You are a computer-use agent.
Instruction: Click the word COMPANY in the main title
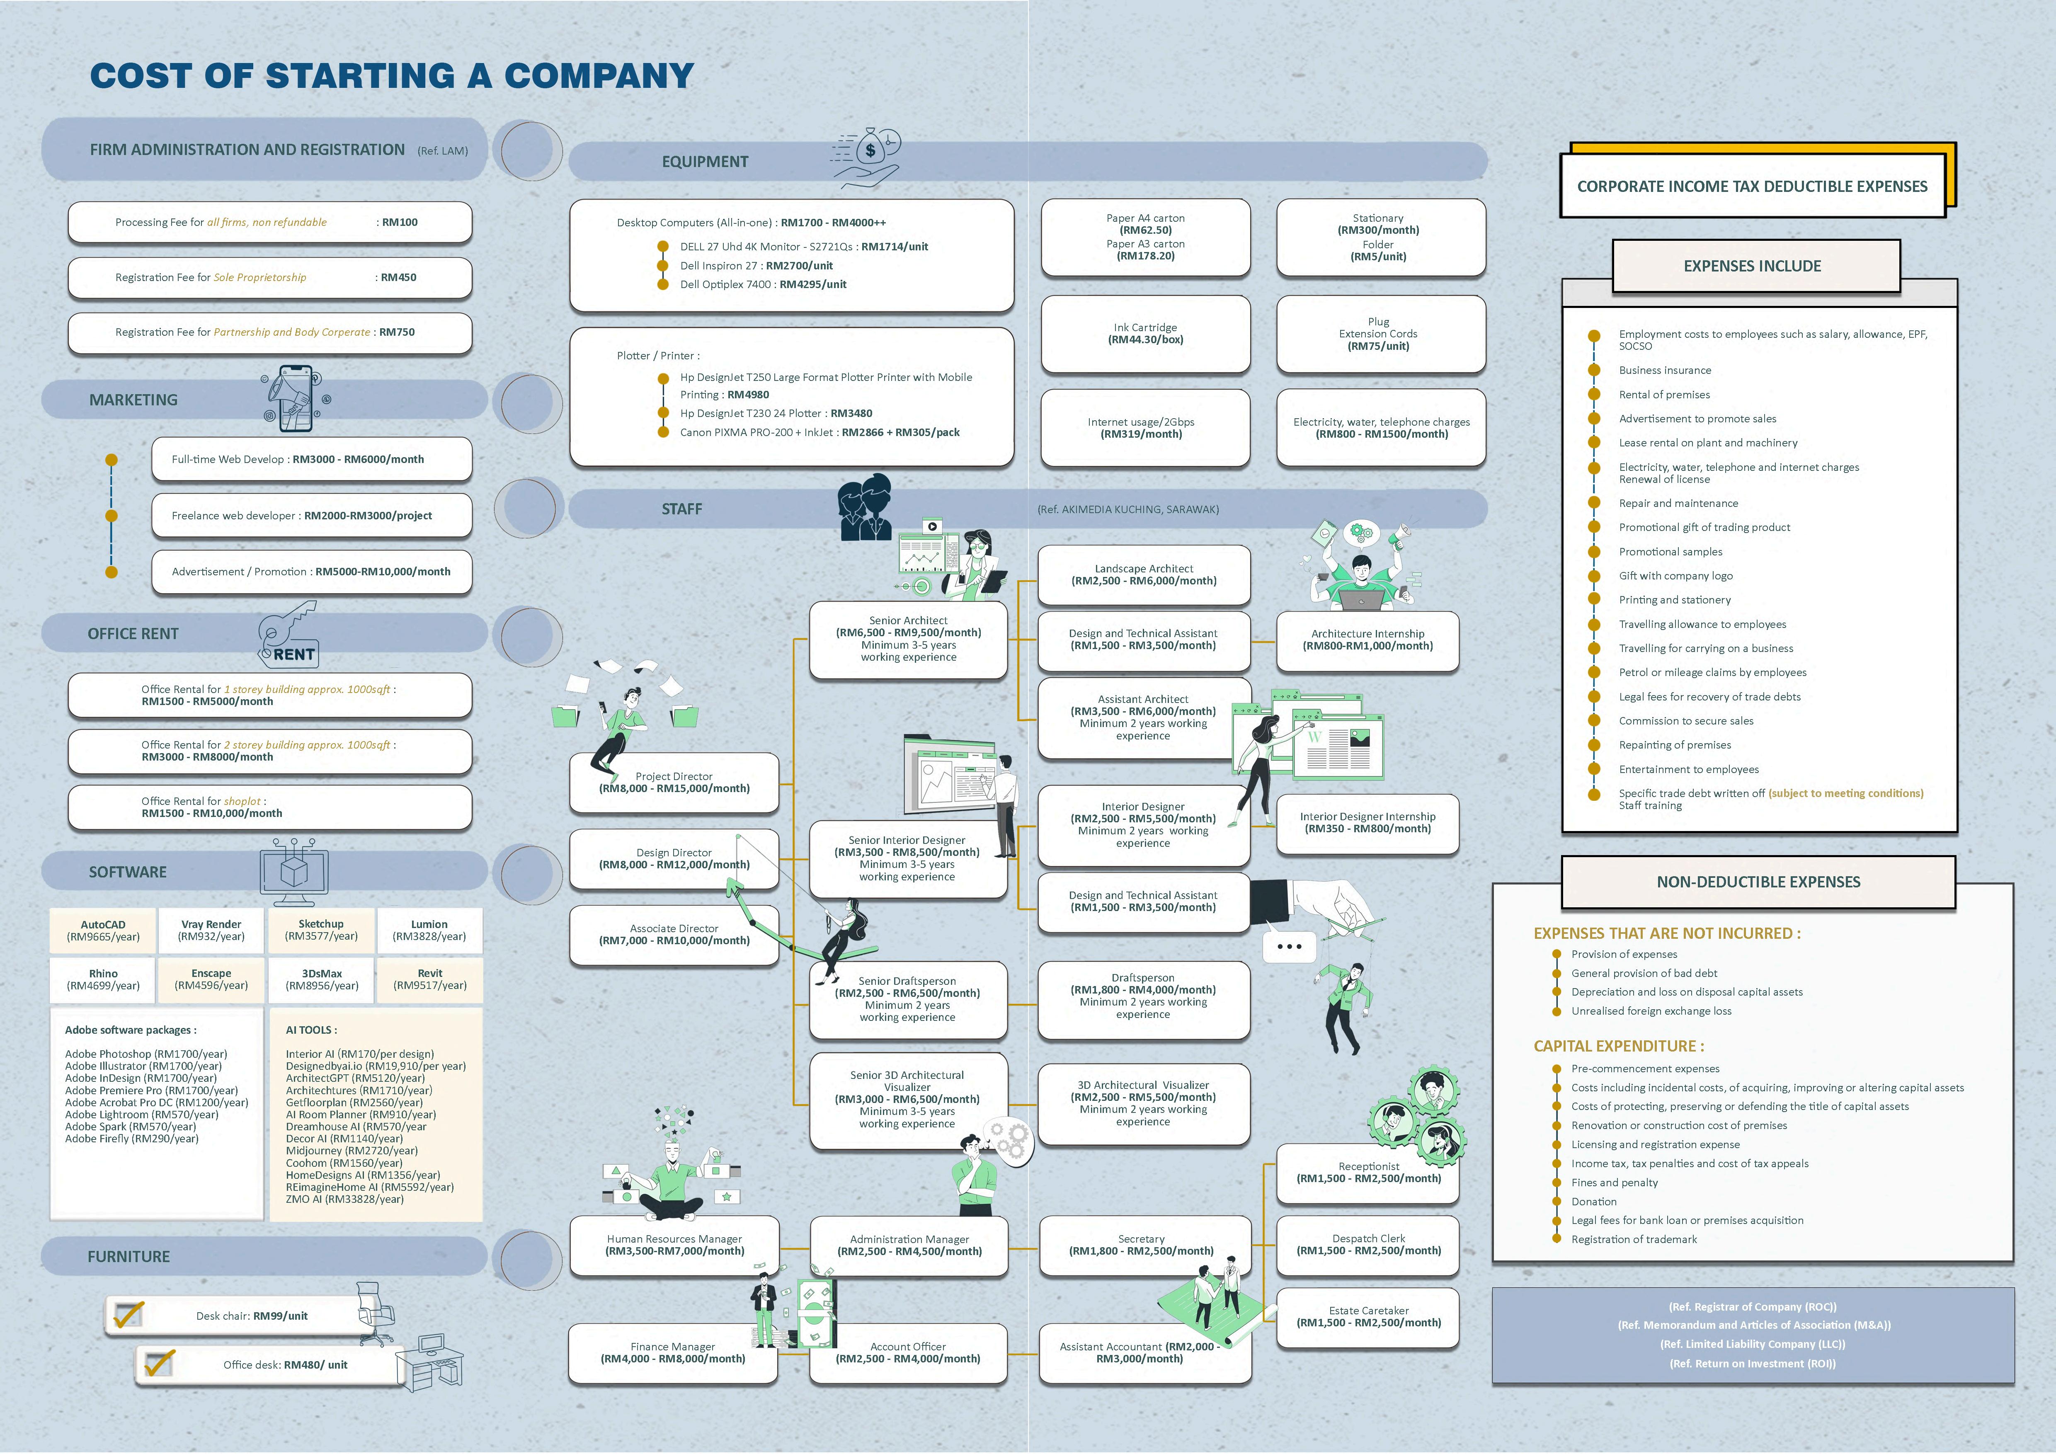click(598, 76)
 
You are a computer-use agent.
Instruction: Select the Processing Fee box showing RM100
click(269, 222)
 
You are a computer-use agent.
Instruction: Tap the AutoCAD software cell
click(103, 930)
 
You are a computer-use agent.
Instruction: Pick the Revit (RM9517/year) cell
click(430, 979)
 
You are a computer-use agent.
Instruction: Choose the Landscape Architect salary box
click(1144, 575)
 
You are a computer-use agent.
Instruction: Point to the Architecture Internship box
click(1367, 639)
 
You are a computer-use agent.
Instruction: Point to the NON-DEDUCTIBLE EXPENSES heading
click(1758, 882)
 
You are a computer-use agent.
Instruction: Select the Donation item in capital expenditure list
click(1594, 1202)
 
